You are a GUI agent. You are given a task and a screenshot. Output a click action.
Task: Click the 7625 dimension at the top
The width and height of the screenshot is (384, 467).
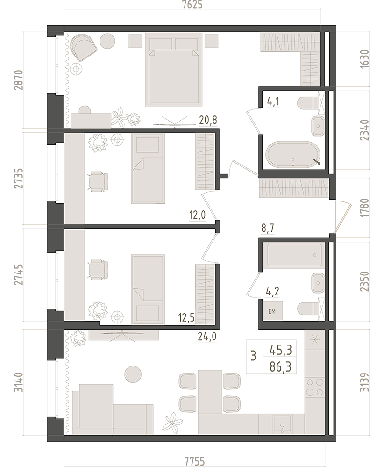point(192,5)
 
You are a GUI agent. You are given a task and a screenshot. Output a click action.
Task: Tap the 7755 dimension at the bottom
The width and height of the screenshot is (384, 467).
point(195,461)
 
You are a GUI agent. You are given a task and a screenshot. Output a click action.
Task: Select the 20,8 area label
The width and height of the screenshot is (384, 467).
point(208,120)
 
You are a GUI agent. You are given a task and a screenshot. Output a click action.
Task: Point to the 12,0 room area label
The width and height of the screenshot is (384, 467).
point(197,215)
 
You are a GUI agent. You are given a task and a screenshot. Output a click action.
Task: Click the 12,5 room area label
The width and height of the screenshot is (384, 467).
point(186,318)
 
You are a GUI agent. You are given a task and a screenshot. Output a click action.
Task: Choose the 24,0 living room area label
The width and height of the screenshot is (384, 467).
point(207,337)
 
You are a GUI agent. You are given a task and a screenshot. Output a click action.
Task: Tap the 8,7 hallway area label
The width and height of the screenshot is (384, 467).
point(267,229)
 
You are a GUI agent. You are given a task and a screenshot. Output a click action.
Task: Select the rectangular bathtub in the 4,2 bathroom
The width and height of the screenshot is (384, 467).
point(295,255)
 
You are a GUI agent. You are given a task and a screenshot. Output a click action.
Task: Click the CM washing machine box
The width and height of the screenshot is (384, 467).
point(272,311)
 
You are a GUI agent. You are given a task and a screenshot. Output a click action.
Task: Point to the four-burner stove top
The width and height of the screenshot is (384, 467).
point(315,386)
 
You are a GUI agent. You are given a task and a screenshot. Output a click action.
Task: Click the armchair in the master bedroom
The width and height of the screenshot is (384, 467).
point(84,47)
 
